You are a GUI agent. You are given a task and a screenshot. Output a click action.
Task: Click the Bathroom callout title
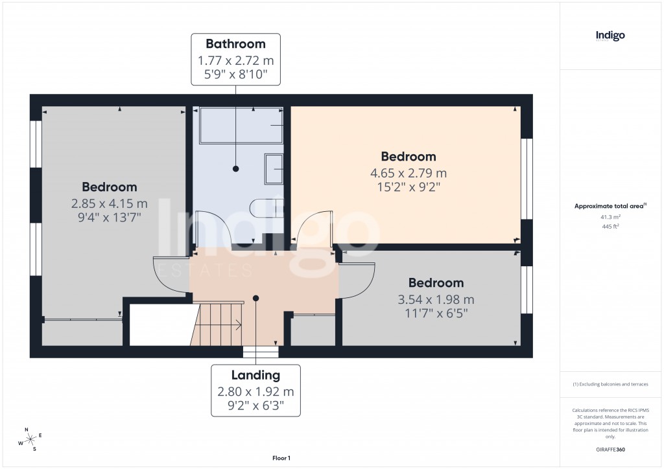235,44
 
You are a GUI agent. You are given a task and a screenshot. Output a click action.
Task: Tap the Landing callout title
255,375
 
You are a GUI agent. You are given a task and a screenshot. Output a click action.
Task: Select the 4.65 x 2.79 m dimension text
408,173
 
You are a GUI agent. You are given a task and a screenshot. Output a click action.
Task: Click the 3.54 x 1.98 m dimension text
436,299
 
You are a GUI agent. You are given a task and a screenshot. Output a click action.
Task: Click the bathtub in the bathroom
241,125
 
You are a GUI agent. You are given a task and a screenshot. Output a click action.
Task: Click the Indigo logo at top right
610,36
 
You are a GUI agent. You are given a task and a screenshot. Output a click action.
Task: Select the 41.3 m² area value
610,218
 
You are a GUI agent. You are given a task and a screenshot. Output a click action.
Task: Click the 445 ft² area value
610,226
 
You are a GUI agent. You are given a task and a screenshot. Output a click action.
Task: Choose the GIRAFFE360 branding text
610,450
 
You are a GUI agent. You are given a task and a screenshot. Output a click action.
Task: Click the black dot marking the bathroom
236,168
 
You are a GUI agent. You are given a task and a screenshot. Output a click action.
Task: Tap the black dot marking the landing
256,298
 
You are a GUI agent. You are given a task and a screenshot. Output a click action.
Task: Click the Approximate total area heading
610,207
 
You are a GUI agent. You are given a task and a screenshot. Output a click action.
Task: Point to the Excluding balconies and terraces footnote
610,384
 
